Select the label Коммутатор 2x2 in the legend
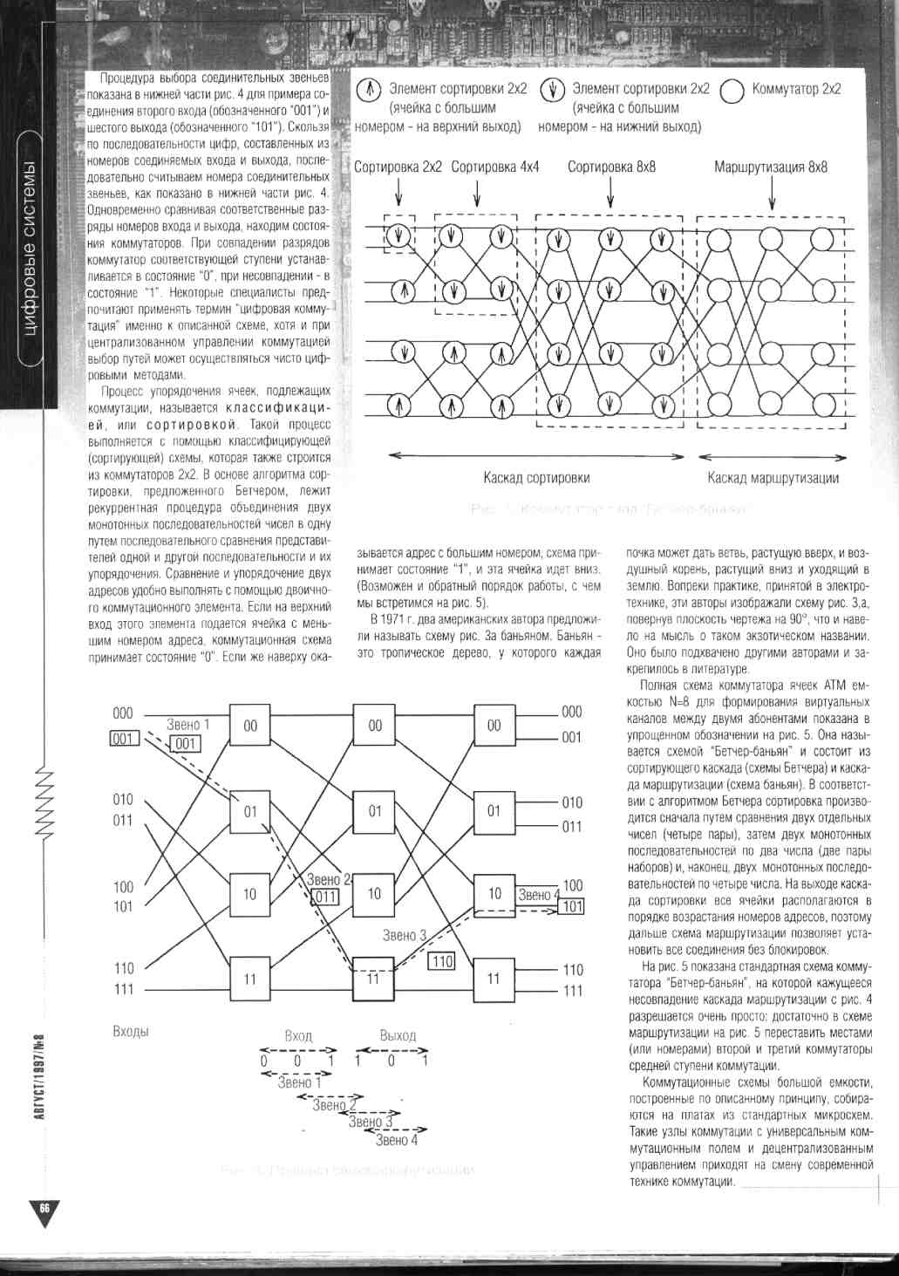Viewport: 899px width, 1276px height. pos(796,89)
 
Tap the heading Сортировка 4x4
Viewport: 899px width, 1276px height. pos(495,167)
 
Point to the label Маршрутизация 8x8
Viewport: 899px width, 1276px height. pos(771,167)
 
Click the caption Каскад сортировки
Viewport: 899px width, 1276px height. pos(536,477)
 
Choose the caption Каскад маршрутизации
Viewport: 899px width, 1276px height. pos(773,477)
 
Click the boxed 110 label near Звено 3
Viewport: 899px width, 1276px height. pos(441,960)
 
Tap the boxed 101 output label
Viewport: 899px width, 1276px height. pos(572,906)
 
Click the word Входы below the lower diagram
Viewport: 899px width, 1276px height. pos(131,1031)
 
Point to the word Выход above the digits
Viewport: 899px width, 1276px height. pos(398,1035)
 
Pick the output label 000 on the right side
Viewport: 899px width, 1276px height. pos(571,712)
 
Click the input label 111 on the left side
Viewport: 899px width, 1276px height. pos(123,990)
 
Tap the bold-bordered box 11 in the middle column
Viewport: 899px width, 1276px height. pos(374,978)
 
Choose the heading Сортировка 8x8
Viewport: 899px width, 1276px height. pos(611,167)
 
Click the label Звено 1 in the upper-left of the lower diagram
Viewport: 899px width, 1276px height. pos(187,725)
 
